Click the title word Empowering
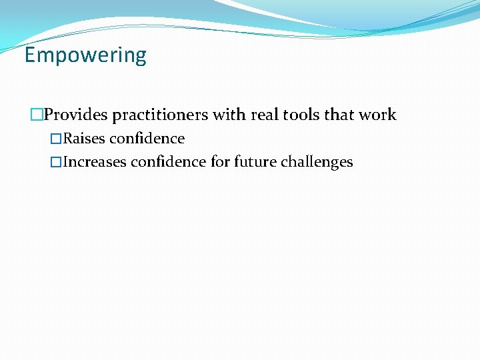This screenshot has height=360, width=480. pyautogui.click(x=85, y=55)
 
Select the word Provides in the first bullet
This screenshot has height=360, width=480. pyautogui.click(x=75, y=115)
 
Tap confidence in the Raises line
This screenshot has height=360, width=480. pyautogui.click(x=147, y=139)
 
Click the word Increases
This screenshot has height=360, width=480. pyautogui.click(x=95, y=162)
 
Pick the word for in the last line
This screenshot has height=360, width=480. pyautogui.click(x=220, y=162)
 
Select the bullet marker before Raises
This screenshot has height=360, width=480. pyautogui.click(x=56, y=139)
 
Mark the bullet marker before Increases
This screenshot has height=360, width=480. pyautogui.click(x=56, y=162)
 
